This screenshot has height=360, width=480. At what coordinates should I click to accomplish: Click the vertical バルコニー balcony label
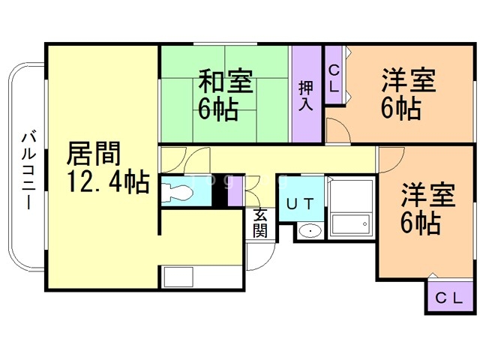pos(28,169)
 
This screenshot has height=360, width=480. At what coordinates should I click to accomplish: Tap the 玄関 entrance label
pos(259,222)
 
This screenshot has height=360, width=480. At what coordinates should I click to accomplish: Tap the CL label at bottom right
pos(450,298)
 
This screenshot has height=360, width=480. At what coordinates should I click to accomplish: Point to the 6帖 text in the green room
pos(218,110)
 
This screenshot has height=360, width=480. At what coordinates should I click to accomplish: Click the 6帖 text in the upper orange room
pos(400,109)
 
